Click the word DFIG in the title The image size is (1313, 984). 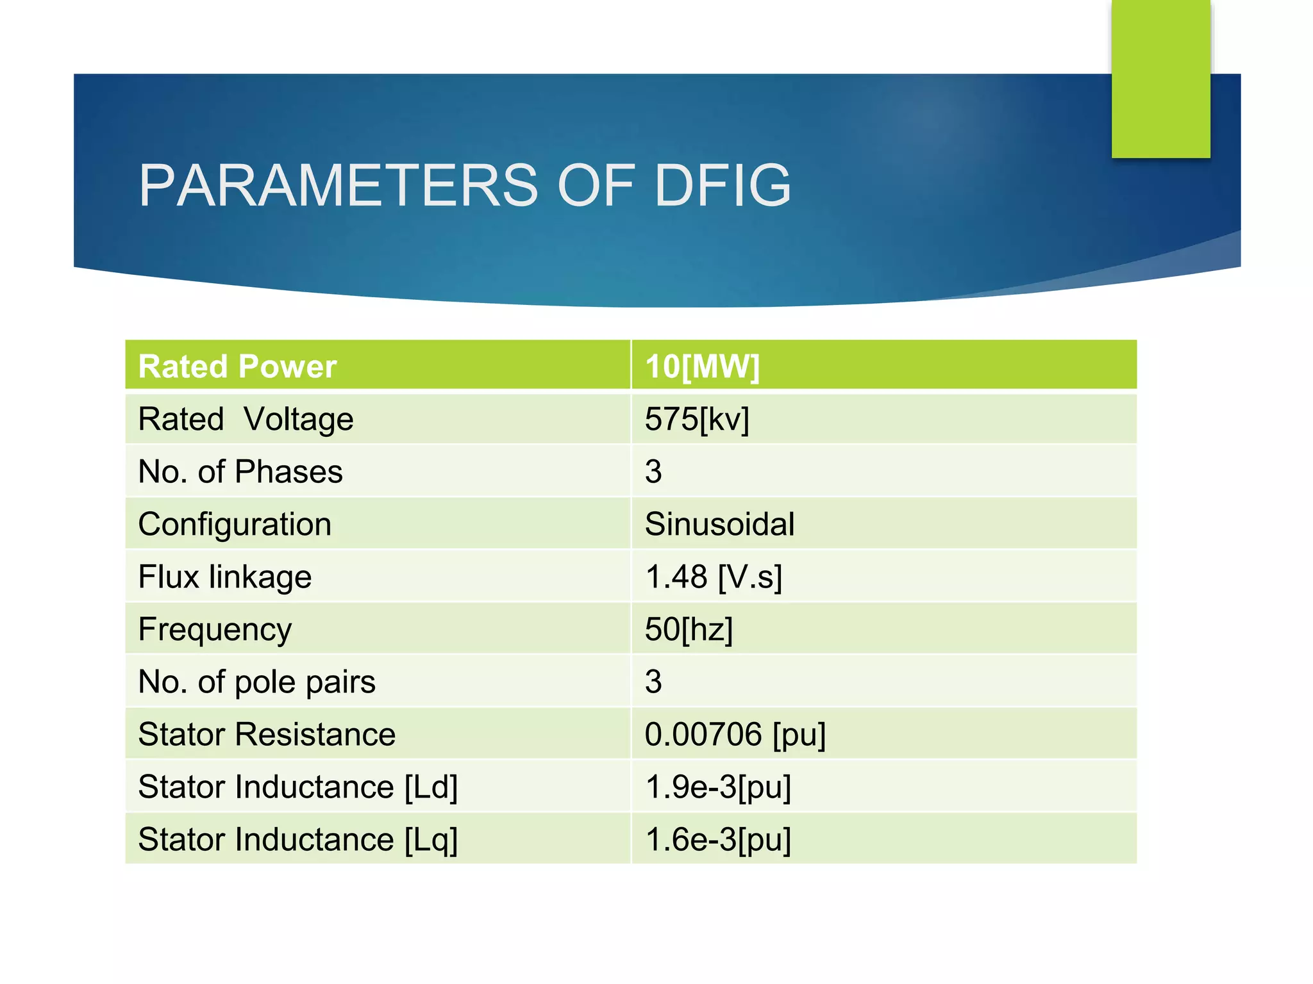[723, 186]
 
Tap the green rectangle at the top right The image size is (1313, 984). [1160, 78]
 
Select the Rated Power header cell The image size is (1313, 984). [237, 366]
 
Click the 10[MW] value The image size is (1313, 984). [702, 366]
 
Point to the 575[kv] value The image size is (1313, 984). [697, 420]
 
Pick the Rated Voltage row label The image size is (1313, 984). [246, 420]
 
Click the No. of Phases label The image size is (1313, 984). [240, 472]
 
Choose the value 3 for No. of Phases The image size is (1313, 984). [653, 472]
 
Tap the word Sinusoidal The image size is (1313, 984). [719, 525]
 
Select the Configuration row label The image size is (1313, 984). [235, 525]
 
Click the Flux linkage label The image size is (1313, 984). [225, 577]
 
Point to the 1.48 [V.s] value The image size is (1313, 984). [713, 577]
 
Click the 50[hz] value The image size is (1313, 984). [689, 630]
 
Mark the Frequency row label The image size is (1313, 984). [215, 630]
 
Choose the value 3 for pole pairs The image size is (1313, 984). [653, 682]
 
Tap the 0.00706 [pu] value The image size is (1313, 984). [735, 735]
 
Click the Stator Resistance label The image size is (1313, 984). [267, 735]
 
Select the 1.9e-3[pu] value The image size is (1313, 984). [718, 787]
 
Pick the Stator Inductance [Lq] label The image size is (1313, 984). [298, 840]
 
